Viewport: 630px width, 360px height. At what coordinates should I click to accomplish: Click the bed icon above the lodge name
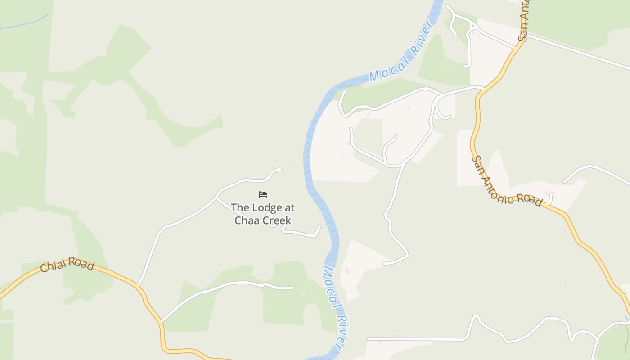(x=263, y=194)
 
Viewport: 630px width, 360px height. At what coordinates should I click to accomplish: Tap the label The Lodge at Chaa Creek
(x=263, y=214)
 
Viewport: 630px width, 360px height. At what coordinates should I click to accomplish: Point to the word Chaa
(x=246, y=220)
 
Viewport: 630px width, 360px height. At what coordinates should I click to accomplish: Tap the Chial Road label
(x=67, y=265)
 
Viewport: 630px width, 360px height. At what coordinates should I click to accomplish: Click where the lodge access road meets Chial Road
(x=138, y=286)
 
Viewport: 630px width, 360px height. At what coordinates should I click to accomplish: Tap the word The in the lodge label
(x=239, y=207)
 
